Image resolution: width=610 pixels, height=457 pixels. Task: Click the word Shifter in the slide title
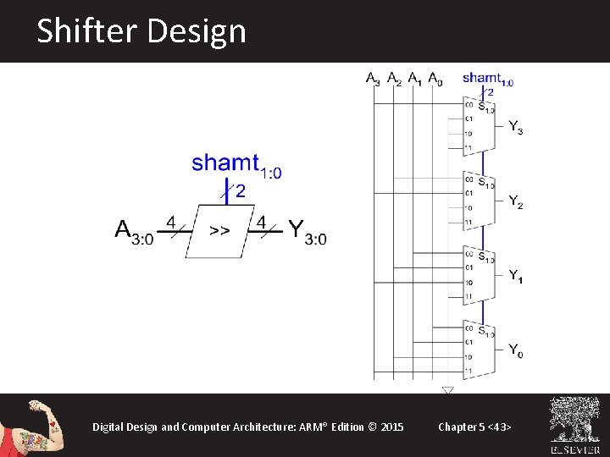tap(87, 32)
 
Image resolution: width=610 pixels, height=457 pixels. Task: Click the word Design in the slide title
tap(196, 32)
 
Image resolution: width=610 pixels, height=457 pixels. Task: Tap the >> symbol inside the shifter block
tap(219, 230)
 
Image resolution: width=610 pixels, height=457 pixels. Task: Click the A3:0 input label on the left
tap(134, 232)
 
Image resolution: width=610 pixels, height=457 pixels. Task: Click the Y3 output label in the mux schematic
tap(515, 127)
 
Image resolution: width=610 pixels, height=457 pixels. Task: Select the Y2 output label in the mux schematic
tap(515, 201)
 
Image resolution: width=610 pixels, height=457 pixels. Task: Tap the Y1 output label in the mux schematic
tap(515, 276)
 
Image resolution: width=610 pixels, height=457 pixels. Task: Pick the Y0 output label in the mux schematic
tap(515, 350)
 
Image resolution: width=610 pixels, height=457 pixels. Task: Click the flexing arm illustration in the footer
tap(33, 425)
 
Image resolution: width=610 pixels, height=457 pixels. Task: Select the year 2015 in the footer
tap(392, 427)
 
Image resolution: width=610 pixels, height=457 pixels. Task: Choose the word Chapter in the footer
tap(457, 427)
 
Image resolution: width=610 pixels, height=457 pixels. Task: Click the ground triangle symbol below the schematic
tap(447, 390)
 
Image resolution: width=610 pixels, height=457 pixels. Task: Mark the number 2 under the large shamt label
tap(241, 192)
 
